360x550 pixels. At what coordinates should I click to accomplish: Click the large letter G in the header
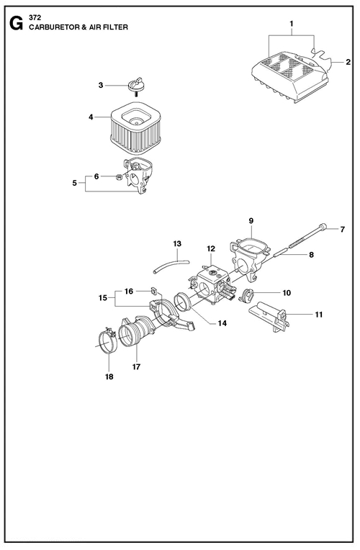(x=16, y=24)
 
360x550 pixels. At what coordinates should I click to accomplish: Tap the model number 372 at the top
(x=35, y=19)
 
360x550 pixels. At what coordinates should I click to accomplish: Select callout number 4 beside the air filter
(x=91, y=117)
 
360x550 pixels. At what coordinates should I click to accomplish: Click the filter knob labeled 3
(x=136, y=84)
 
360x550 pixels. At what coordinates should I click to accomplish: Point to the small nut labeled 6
(x=119, y=178)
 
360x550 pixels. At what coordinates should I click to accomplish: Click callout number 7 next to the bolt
(x=343, y=230)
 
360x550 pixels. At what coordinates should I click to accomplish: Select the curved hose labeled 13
(x=171, y=266)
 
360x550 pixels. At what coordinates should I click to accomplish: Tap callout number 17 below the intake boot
(x=136, y=367)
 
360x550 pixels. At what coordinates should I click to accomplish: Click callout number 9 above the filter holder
(x=251, y=221)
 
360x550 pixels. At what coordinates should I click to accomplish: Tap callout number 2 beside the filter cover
(x=348, y=63)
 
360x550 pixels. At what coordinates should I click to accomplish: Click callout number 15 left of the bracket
(x=103, y=298)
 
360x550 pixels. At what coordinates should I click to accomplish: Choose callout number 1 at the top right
(x=292, y=24)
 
